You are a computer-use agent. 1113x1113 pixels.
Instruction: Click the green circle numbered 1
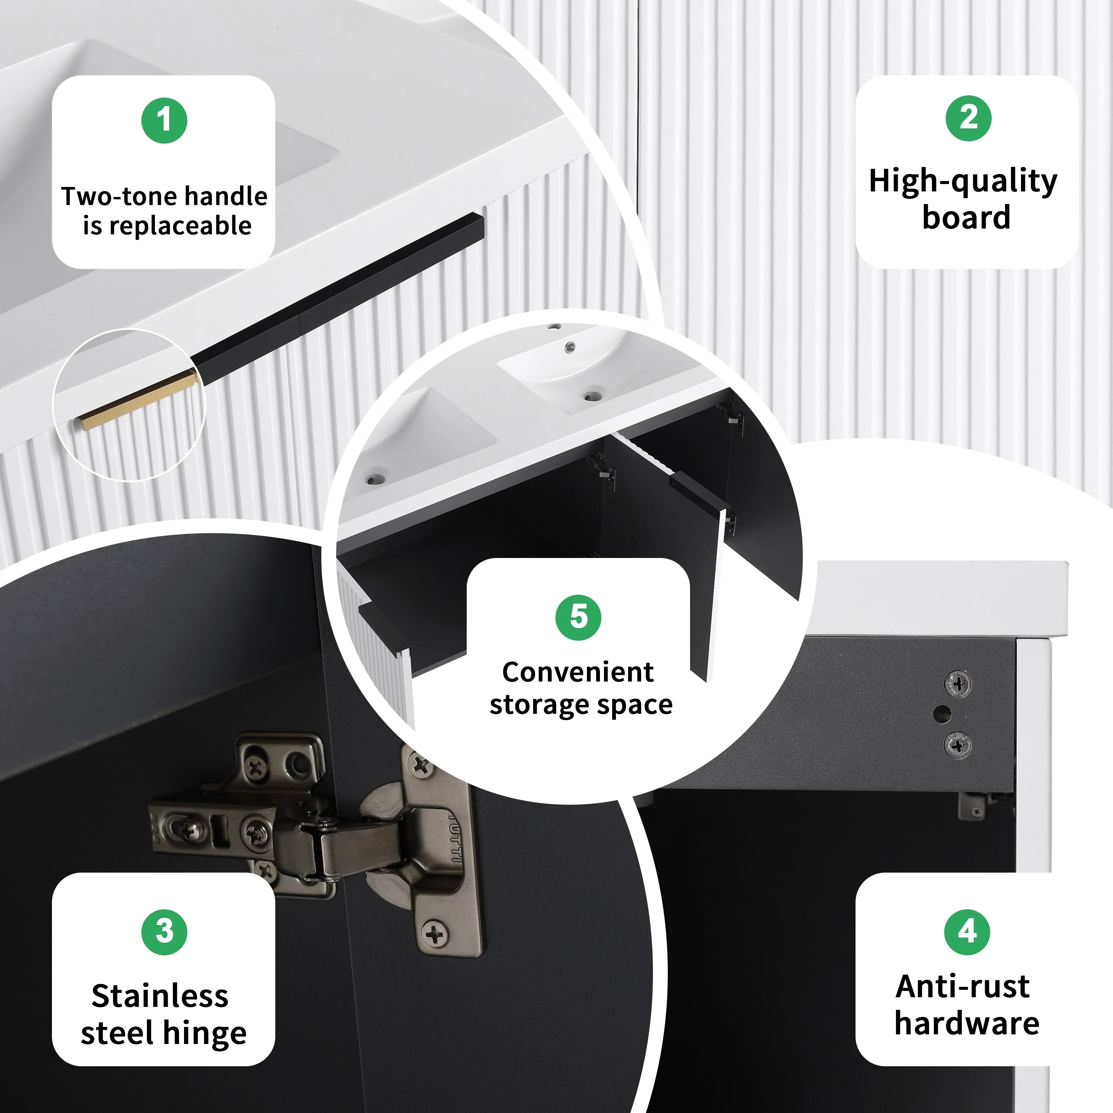(x=164, y=121)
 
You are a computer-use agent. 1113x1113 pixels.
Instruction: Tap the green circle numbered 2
(x=968, y=118)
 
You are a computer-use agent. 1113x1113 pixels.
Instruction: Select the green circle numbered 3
(x=164, y=932)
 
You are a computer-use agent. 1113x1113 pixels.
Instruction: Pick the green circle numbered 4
(x=967, y=932)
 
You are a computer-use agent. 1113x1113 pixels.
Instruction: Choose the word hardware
(x=967, y=1023)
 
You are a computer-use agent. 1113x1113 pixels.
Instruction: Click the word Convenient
(x=578, y=672)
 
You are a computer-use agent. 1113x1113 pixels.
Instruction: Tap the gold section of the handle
(x=138, y=400)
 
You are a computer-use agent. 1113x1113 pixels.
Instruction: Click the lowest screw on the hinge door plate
(x=435, y=933)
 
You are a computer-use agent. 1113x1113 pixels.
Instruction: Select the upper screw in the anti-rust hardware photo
(x=958, y=684)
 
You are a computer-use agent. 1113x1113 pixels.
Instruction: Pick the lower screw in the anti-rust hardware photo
(x=958, y=745)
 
